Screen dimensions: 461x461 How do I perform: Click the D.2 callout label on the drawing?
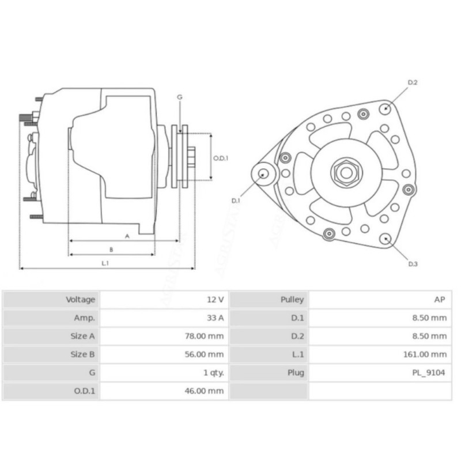click(413, 82)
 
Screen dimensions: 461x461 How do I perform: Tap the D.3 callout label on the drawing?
click(413, 264)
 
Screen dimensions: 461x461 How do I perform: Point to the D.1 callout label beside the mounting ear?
click(236, 201)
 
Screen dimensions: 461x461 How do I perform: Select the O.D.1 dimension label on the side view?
click(221, 158)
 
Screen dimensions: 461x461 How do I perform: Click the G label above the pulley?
click(180, 97)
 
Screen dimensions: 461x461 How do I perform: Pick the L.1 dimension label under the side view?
click(105, 263)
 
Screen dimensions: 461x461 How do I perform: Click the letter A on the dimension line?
click(127, 236)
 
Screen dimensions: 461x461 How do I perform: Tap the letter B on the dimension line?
click(111, 250)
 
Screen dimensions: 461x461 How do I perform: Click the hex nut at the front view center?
click(347, 172)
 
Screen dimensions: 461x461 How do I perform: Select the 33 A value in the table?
click(215, 318)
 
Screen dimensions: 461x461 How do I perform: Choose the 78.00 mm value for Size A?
click(205, 336)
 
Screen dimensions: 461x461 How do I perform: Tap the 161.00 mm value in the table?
click(425, 354)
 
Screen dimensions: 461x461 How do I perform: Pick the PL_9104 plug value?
click(428, 373)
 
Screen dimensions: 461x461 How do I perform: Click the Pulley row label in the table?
click(292, 300)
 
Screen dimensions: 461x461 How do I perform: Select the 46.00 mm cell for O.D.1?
click(205, 391)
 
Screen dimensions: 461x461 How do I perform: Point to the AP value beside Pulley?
click(440, 300)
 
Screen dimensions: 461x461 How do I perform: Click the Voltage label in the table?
click(80, 300)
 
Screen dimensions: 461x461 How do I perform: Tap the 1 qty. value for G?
click(214, 373)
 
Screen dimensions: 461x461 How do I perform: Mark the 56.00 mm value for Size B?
click(205, 354)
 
